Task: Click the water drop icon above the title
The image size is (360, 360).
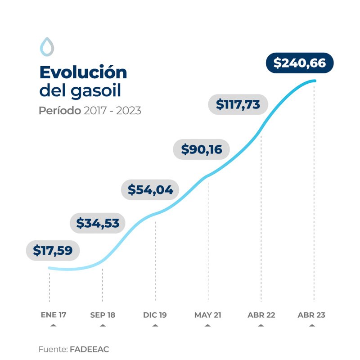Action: [46, 46]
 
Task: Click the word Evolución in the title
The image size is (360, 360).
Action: [83, 72]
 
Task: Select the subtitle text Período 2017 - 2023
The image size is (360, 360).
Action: [90, 110]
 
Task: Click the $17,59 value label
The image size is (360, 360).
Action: [53, 251]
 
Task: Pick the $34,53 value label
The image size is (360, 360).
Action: [98, 223]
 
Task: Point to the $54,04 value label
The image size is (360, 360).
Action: [150, 190]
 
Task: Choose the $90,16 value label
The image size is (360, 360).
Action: [202, 149]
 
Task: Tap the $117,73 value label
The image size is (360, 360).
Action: [238, 104]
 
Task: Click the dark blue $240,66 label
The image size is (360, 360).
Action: [300, 63]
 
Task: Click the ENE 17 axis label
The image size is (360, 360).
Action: [54, 315]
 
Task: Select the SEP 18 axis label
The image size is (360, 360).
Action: [103, 315]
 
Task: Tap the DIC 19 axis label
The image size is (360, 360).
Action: [155, 315]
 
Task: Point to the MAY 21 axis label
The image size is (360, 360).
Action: [208, 315]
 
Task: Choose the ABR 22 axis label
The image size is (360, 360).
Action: [261, 315]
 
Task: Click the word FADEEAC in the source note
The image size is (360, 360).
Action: [90, 349]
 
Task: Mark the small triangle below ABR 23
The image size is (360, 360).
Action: [314, 325]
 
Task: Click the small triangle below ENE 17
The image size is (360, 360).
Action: [54, 325]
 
